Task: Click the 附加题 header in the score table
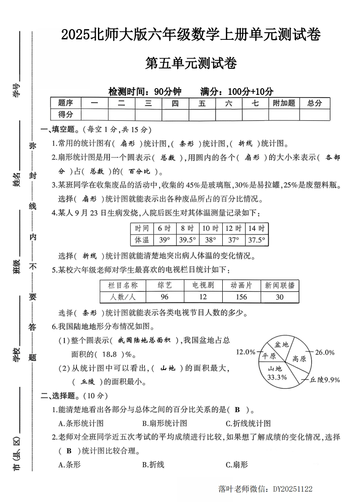point(284,103)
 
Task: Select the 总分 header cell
point(314,103)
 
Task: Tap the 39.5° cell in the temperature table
point(187,240)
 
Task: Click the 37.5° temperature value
point(257,240)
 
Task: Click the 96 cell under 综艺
point(165,297)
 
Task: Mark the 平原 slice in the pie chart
point(269,356)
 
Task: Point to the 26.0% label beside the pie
point(325,352)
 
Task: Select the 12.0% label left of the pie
point(246,352)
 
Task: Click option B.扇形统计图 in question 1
point(165,423)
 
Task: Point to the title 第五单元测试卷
point(191,64)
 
